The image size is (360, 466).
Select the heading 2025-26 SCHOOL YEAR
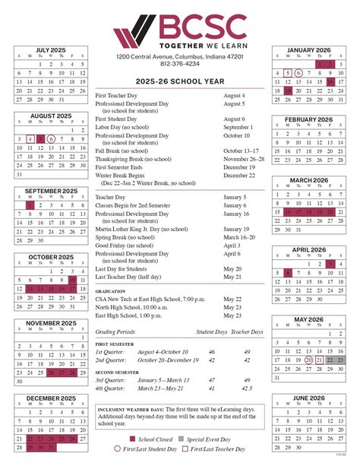coord(179,81)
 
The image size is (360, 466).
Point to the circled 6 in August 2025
coord(51,139)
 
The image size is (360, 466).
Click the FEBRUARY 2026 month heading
coord(309,120)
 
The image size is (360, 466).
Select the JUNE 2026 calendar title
coord(309,398)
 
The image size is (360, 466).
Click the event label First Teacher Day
coord(117,97)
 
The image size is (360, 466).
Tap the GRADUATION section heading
coord(110,291)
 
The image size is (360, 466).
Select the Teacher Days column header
coord(247,332)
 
